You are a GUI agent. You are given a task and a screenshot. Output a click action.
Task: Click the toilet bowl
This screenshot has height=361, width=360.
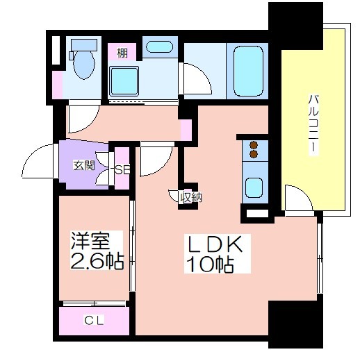tap(84, 65)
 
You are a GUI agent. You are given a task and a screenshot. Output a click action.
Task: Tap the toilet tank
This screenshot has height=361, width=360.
tap(84, 45)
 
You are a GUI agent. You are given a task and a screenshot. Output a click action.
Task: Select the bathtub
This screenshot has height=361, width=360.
tap(248, 71)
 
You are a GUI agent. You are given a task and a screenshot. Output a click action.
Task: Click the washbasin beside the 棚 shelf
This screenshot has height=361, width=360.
tap(159, 47)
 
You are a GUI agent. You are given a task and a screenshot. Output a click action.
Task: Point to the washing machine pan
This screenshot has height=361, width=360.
tap(124, 81)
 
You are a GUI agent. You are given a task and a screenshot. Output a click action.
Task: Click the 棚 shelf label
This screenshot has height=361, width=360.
tap(122, 53)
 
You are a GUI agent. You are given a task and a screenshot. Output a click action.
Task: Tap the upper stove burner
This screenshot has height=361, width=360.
tap(254, 145)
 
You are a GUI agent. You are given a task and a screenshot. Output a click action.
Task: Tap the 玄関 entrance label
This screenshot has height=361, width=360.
tap(84, 165)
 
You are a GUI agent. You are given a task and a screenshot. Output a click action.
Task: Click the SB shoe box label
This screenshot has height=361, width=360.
tap(122, 170)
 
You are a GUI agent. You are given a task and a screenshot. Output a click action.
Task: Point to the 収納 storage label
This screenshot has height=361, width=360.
tap(191, 197)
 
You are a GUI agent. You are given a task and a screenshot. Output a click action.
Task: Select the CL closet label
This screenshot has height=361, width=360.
tap(94, 320)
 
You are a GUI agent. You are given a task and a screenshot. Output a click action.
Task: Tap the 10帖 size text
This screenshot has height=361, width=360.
tap(211, 264)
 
